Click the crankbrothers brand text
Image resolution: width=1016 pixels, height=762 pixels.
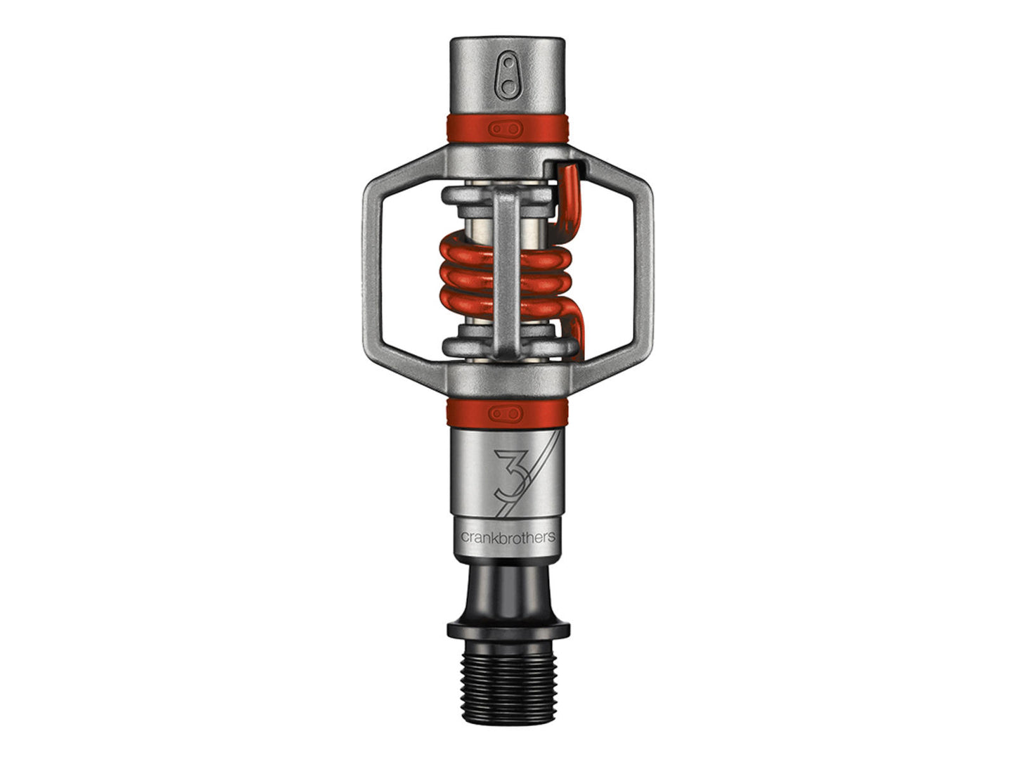coord(508,536)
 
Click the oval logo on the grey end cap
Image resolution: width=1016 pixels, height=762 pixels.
coord(508,75)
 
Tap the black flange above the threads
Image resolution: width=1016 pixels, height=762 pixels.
coord(508,630)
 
